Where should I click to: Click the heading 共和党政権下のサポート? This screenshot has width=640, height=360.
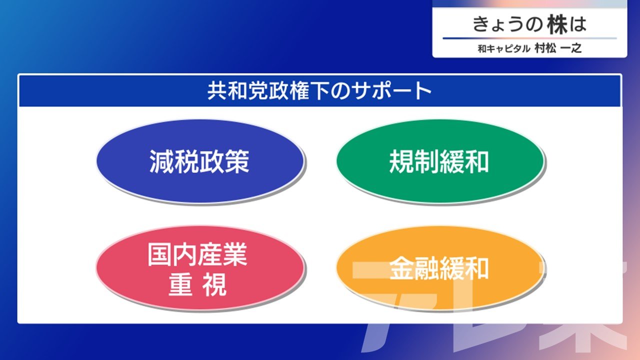pyautogui.click(x=319, y=91)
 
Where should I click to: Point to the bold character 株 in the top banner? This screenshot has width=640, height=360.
pyautogui.click(x=557, y=24)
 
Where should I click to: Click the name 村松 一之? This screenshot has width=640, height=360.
pyautogui.click(x=558, y=48)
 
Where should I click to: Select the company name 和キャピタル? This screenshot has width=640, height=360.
pyautogui.click(x=504, y=48)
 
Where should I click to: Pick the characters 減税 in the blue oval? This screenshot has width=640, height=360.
pyautogui.click(x=174, y=161)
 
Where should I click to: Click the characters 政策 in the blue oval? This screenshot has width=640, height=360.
pyautogui.click(x=224, y=161)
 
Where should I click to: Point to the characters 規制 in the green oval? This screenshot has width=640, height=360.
pyautogui.click(x=414, y=161)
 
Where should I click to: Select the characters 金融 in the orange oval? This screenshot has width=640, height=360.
pyautogui.click(x=414, y=268)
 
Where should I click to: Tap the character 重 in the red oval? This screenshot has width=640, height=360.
pyautogui.click(x=180, y=285)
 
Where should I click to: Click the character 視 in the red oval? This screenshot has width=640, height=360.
pyautogui.click(x=214, y=285)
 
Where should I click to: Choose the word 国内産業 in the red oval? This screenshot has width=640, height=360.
pyautogui.click(x=197, y=254)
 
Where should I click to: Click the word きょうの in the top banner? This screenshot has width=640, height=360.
pyautogui.click(x=507, y=24)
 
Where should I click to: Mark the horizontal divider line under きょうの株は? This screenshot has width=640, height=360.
pyautogui.click(x=529, y=38)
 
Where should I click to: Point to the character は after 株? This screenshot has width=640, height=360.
pyautogui.click(x=577, y=24)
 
